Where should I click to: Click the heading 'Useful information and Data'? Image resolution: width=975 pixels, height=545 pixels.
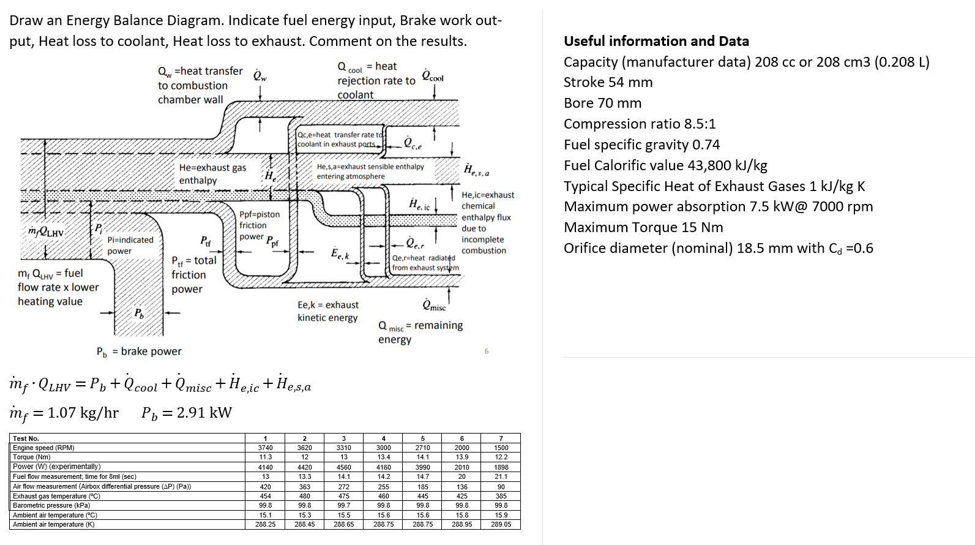[656, 41]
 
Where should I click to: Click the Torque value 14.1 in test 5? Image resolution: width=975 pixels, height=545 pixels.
[422, 457]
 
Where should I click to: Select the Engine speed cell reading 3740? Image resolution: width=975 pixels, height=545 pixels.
[265, 448]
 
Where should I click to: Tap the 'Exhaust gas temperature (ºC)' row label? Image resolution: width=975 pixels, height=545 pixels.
[56, 496]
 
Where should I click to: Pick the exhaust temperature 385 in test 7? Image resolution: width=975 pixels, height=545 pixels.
[501, 496]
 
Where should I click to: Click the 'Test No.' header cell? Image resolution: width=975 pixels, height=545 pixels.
[26, 438]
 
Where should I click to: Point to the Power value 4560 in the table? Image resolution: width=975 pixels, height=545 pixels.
[344, 467]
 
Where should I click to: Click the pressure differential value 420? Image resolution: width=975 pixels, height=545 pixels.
[265, 487]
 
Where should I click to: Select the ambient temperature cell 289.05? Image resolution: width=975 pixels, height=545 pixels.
[501, 524]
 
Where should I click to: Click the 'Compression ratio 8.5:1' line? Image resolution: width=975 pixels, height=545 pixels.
[639, 124]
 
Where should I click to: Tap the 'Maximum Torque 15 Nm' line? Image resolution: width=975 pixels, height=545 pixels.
[643, 227]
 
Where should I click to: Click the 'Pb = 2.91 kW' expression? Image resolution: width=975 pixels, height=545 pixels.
[187, 413]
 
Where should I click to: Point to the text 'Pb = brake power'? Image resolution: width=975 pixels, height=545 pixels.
[139, 351]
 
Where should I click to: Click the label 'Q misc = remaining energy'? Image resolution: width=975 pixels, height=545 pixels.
[420, 332]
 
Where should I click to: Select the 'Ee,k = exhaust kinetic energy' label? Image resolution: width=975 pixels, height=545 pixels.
[328, 311]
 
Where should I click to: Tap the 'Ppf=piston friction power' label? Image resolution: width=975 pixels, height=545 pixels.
[259, 225]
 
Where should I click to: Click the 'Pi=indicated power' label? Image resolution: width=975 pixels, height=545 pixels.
[130, 245]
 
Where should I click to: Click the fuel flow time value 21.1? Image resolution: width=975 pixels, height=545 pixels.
[501, 476]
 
